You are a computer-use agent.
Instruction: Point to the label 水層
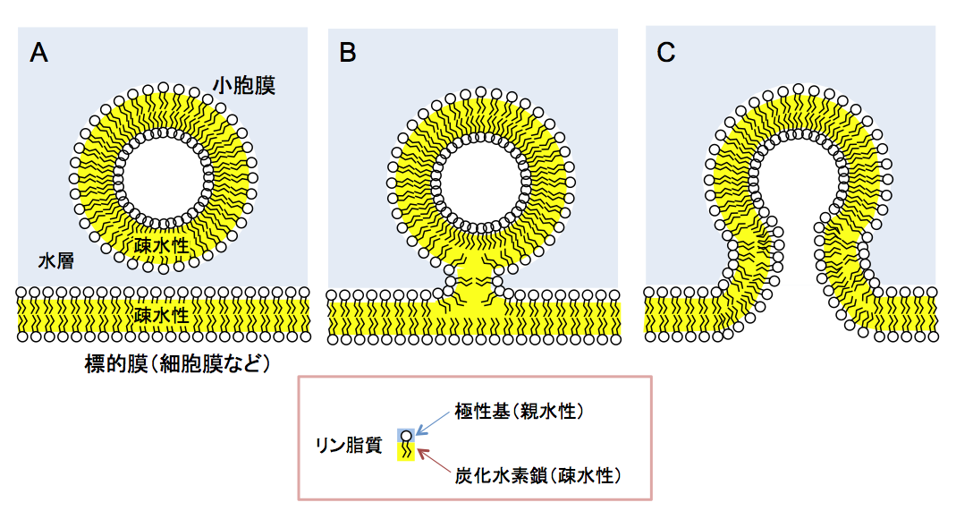[55, 261]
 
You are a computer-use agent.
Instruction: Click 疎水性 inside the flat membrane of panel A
[161, 315]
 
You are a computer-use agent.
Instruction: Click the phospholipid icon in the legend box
[408, 444]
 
